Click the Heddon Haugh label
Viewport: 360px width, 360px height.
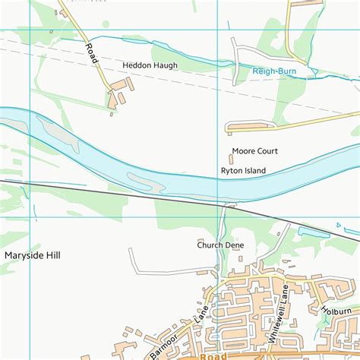click(x=150, y=66)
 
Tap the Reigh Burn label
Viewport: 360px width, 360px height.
click(x=273, y=71)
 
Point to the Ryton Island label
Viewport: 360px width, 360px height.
click(x=243, y=171)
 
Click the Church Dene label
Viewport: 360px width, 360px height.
click(x=219, y=245)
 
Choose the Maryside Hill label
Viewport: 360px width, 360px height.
click(x=32, y=255)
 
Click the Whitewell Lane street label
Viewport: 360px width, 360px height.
click(x=279, y=314)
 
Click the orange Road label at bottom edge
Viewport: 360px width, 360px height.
click(x=214, y=355)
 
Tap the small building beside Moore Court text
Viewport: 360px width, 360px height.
click(x=231, y=159)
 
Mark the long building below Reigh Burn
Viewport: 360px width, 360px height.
click(x=249, y=125)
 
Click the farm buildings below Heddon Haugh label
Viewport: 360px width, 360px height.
click(x=118, y=97)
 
